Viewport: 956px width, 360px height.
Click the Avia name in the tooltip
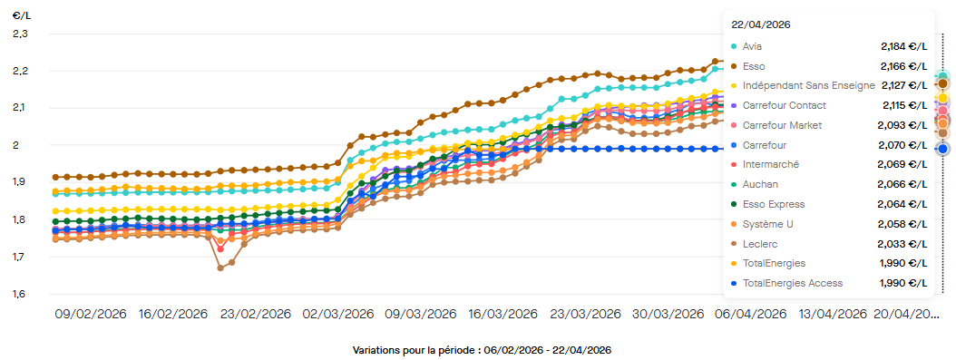click(752, 46)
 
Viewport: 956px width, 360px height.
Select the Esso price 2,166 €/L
click(904, 66)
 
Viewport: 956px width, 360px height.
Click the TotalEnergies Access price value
click(904, 284)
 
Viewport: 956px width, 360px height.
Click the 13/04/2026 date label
click(831, 314)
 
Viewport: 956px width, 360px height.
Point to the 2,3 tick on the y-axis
click(20, 34)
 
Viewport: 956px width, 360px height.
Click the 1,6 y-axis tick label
click(20, 294)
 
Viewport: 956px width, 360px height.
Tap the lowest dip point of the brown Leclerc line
click(219, 268)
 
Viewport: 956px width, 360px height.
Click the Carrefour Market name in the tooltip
click(782, 125)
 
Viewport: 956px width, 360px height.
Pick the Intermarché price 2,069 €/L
click(904, 165)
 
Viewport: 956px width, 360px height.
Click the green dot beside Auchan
click(733, 185)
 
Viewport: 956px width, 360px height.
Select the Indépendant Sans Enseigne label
click(808, 86)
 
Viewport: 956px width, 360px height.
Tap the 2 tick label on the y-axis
click(24, 145)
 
